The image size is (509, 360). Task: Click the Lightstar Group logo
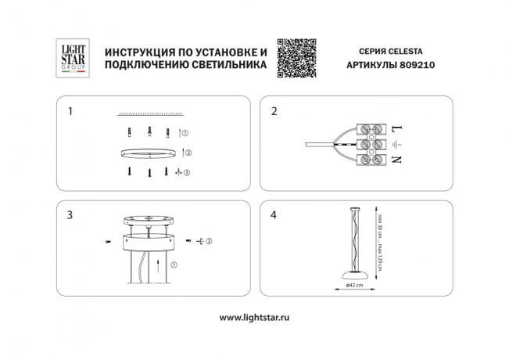(x=73, y=57)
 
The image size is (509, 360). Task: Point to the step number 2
(x=274, y=111)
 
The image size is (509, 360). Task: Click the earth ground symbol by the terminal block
(x=396, y=144)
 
